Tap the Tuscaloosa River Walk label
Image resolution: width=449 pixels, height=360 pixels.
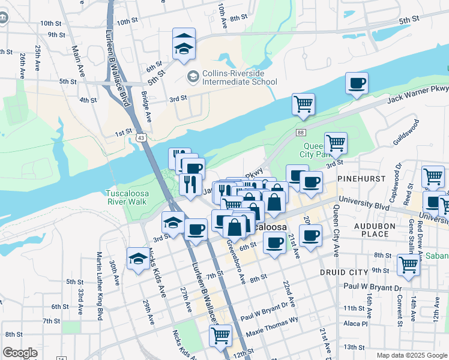point(126,197)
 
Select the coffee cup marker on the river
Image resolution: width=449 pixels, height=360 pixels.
point(357,83)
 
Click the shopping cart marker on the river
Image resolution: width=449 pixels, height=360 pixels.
point(303,104)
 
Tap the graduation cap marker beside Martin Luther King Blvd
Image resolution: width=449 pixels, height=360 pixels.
point(138,259)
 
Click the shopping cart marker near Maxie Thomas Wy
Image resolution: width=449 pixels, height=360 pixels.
point(220,335)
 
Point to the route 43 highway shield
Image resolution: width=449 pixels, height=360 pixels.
point(140,137)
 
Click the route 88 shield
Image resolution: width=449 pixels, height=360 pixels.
point(301,133)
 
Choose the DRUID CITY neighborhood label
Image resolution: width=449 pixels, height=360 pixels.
point(345,272)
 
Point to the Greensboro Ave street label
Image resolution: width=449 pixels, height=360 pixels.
point(235,262)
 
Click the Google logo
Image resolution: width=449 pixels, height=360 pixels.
point(20,353)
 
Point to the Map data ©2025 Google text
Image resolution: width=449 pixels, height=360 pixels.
point(411,355)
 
